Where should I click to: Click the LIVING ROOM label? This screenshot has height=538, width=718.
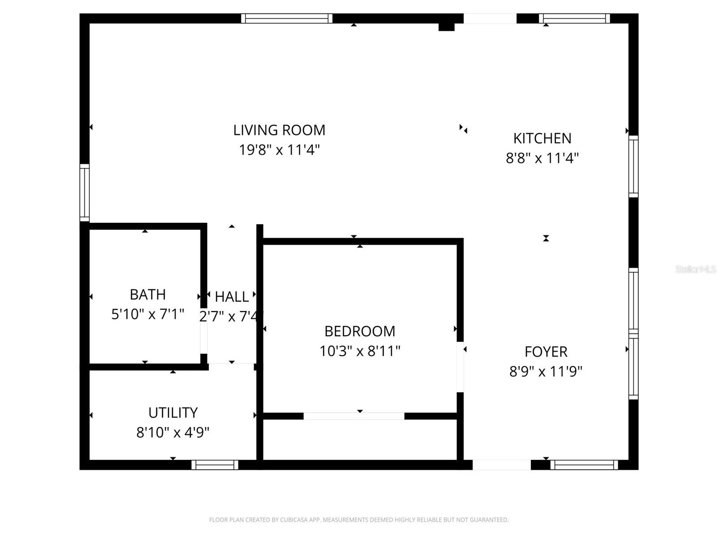point(279,130)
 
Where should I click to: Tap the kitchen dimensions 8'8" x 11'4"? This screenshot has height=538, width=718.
point(542,158)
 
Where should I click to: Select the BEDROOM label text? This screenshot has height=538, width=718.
point(359,331)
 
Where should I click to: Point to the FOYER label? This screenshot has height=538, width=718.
point(546,352)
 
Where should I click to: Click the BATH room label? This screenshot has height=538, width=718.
point(148,295)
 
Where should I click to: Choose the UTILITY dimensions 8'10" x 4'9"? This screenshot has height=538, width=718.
point(173,433)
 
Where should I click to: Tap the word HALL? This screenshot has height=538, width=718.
point(232,297)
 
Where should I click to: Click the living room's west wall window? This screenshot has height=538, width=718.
point(84,192)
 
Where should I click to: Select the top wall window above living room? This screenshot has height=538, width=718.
point(286,18)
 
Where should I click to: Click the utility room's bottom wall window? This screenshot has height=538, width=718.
point(215,465)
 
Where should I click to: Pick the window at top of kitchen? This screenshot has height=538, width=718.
point(574,18)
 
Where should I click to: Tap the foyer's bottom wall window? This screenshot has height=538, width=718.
point(584,465)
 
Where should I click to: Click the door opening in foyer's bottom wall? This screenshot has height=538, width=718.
point(501,465)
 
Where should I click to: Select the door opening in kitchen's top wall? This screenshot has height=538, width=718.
point(490,18)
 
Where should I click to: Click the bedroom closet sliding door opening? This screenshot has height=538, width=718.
point(354,416)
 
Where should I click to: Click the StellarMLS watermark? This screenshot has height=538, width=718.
point(695,269)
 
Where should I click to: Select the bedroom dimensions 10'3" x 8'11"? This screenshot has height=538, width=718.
point(359,351)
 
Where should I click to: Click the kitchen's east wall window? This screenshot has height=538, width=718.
point(633,166)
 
